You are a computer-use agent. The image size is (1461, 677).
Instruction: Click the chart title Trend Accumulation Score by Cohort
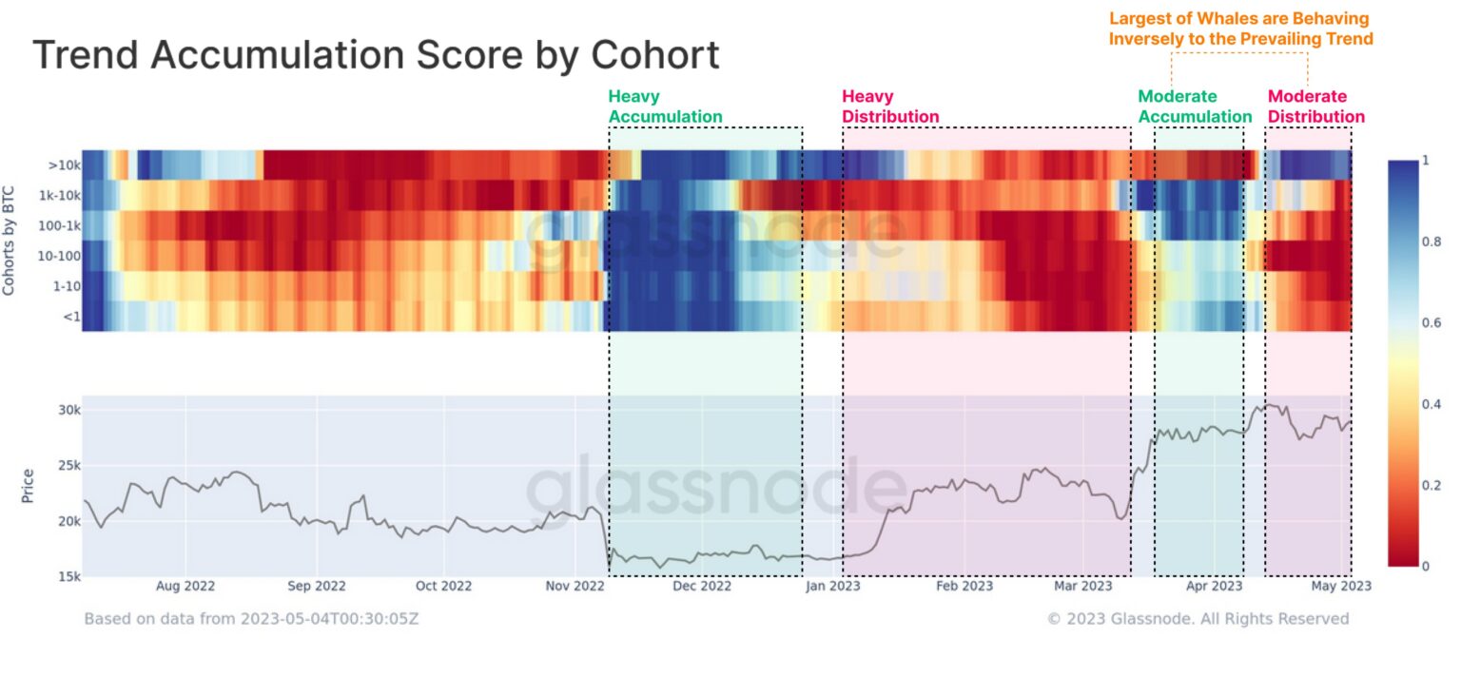click(x=376, y=56)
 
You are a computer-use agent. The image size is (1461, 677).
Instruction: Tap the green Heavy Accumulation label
click(x=665, y=106)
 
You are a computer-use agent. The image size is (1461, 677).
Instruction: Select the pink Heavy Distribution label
click(x=890, y=106)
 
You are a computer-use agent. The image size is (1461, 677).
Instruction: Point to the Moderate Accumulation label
click(x=1195, y=106)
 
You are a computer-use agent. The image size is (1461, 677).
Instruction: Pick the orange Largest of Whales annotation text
click(x=1240, y=29)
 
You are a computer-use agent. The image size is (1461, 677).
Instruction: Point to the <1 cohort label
click(x=70, y=317)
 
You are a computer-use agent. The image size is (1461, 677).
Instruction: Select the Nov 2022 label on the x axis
click(x=575, y=587)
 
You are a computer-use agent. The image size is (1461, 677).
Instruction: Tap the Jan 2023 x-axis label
click(x=832, y=587)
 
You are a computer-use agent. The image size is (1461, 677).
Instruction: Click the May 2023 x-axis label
click(x=1342, y=587)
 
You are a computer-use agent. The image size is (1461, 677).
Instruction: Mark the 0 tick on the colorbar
click(x=1425, y=567)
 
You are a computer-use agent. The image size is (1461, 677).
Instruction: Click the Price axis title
click(x=27, y=485)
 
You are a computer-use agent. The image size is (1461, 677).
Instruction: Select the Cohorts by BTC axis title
click(x=10, y=240)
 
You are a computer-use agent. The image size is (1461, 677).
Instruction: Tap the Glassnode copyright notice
click(x=1198, y=619)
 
